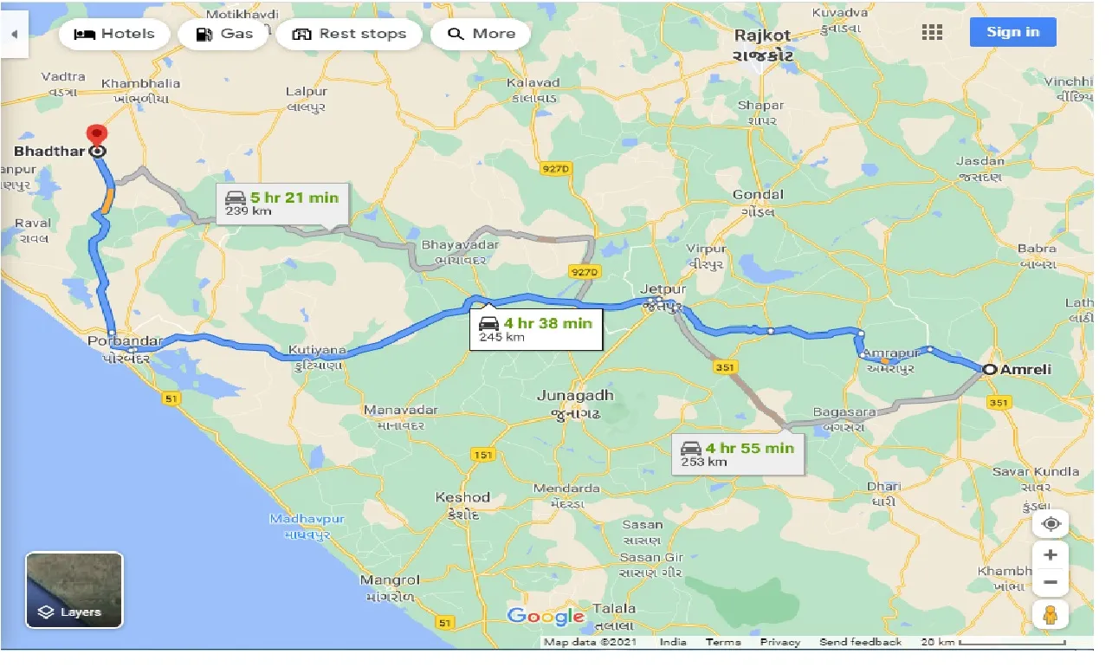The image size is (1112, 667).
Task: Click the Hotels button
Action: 114,34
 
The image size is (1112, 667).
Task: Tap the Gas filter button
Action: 224,34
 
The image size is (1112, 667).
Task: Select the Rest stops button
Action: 349,34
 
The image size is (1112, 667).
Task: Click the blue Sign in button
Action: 1012,32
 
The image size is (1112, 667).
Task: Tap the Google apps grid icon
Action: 932,32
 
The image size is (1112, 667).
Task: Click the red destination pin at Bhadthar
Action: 97,135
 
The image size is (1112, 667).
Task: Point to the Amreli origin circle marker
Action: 989,370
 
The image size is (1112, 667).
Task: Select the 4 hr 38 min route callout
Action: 536,329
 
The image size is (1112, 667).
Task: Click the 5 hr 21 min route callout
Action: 282,204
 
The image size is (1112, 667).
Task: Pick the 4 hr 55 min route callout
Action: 738,454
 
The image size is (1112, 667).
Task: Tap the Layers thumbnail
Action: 74,590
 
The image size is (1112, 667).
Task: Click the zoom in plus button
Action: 1051,554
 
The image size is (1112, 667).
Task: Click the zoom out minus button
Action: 1051,582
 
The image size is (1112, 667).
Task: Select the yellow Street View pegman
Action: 1051,614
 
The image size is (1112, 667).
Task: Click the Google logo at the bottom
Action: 546,617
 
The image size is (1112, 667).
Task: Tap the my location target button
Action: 1051,524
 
